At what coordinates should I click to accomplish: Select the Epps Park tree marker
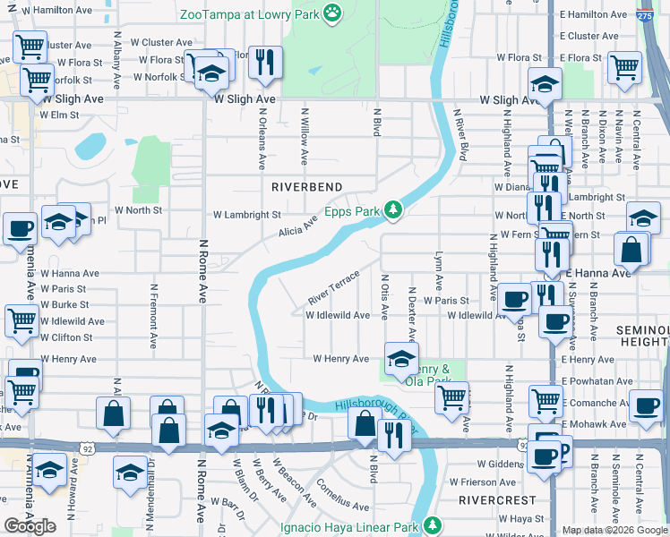tap(392, 210)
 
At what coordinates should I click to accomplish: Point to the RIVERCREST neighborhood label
tap(497, 500)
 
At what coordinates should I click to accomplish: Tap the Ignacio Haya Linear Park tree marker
tap(433, 524)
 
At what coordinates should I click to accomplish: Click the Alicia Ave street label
tap(297, 224)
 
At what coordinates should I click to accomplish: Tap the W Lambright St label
tap(247, 215)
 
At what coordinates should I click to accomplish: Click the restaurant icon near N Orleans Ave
tap(264, 62)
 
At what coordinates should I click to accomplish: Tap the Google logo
tap(30, 526)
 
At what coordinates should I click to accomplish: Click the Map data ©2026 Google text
tap(614, 530)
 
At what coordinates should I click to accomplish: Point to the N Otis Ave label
tap(384, 297)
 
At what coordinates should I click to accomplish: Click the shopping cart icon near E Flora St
tap(623, 67)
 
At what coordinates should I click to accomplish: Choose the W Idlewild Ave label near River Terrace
tap(338, 315)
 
